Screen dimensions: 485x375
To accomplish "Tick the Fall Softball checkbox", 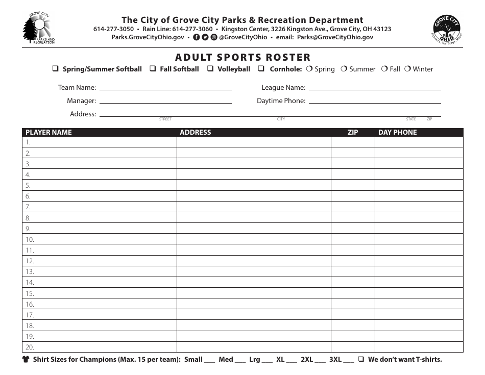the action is (153, 69).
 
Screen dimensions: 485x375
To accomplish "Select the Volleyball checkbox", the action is (210, 69).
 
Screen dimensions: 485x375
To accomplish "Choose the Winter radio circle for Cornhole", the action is (407, 69).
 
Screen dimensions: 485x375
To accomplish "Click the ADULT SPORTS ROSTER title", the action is (243, 57).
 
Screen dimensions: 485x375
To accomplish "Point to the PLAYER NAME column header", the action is (49, 132).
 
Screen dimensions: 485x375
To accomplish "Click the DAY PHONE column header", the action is (397, 132).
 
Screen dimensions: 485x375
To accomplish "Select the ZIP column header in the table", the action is (353, 132).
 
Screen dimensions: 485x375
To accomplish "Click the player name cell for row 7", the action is (100, 207).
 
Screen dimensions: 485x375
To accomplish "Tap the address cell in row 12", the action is (254, 261).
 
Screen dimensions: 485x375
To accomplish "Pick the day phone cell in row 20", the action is (419, 347).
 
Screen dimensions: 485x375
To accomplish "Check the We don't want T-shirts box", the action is (361, 359).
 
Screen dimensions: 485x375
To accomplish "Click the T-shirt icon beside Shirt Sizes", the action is (26, 359).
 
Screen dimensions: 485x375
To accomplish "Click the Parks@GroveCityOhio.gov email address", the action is (335, 37).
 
